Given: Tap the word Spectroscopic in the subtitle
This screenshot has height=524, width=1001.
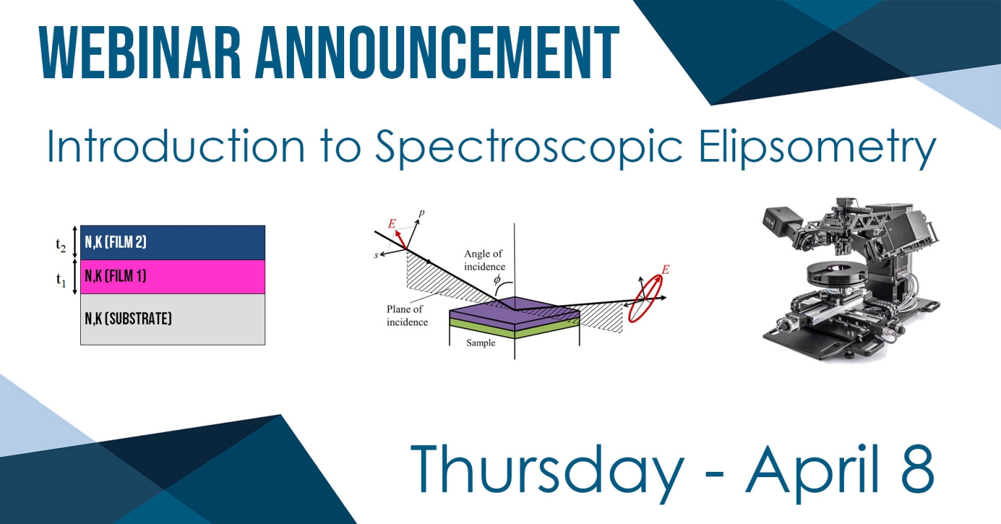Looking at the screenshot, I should pyautogui.click(x=528, y=148).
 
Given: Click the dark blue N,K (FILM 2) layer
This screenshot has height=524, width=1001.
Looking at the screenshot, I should pyautogui.click(x=173, y=242).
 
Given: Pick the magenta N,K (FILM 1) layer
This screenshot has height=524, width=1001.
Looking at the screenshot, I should pyautogui.click(x=173, y=276).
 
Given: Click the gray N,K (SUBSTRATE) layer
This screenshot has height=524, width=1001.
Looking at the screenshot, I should pyautogui.click(x=173, y=319).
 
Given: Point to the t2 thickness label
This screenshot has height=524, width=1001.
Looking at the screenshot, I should pyautogui.click(x=61, y=246).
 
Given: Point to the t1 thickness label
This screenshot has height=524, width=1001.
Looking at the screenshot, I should pyautogui.click(x=61, y=280).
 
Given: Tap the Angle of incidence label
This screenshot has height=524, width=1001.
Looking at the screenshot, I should pyautogui.click(x=484, y=260).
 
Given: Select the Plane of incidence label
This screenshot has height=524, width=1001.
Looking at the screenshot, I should pyautogui.click(x=407, y=315).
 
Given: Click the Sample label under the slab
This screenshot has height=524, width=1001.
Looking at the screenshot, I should pyautogui.click(x=480, y=343).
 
